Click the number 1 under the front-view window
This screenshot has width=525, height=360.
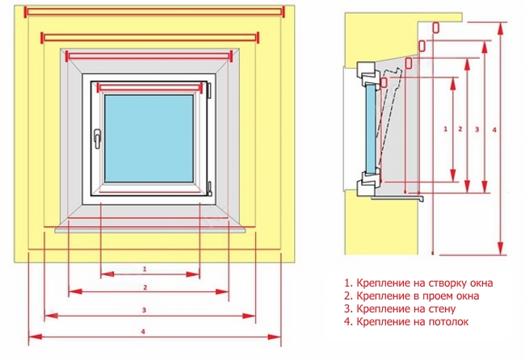pos(144,268)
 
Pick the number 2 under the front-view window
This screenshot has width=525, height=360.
pos(144,287)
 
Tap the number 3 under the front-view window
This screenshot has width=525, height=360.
pos(144,309)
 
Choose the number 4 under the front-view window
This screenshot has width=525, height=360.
pos(144,331)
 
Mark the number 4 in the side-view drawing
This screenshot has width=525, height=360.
pos(493,128)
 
